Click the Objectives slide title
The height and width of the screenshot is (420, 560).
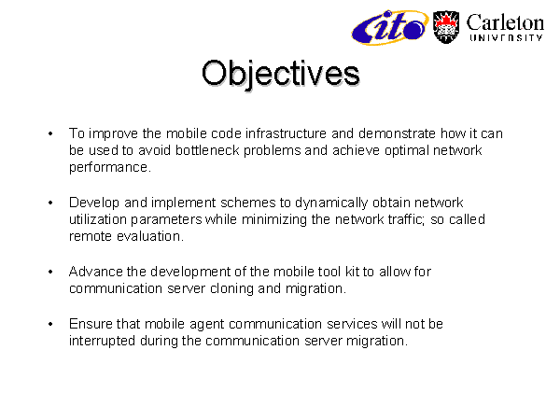coord(281,74)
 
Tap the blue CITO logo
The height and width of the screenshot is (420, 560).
coord(389,27)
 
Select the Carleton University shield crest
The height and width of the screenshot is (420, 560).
coord(446,27)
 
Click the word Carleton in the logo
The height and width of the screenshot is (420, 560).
coord(505,23)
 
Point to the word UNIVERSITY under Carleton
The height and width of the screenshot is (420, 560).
coord(506,38)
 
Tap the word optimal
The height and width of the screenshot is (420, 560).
coord(407,151)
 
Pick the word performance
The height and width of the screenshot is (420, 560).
coord(110,168)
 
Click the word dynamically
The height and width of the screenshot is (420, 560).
coord(331,203)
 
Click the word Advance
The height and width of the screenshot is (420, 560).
coord(95,272)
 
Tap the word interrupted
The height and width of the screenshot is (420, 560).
coord(102,341)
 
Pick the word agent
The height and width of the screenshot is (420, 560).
coord(207,325)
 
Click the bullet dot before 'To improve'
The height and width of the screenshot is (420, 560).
coord(50,133)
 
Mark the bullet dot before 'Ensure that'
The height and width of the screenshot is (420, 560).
coord(50,324)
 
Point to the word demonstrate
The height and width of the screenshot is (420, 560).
coord(397,133)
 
